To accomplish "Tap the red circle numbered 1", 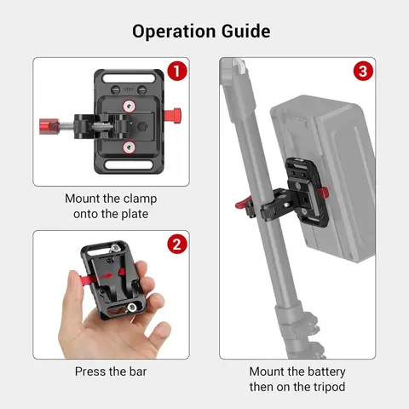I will coord(176,72).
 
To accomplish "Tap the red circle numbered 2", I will coord(176,245).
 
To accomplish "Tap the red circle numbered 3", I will coord(363,72).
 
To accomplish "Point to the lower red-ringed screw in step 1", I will coord(129,147).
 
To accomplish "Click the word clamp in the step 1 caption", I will coord(135,199).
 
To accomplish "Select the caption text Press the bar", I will coord(111,372).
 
